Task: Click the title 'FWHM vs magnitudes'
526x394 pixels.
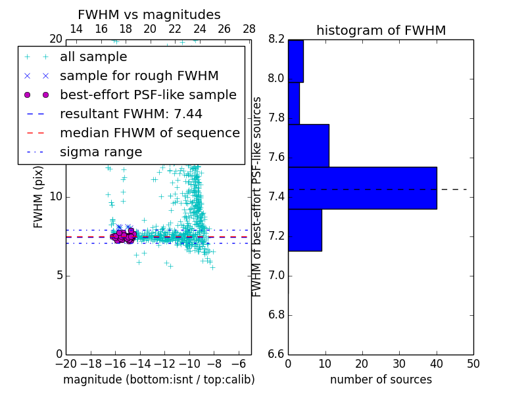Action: (149, 14)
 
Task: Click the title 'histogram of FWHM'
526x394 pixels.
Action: (381, 30)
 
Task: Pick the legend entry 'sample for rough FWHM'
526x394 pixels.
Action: (139, 76)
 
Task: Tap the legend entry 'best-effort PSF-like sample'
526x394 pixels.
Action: (148, 95)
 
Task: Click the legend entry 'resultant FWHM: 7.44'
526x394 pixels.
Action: (131, 114)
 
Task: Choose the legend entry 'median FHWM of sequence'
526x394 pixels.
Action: (149, 133)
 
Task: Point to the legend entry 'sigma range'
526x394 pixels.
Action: (101, 152)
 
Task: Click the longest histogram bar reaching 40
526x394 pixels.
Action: (362, 188)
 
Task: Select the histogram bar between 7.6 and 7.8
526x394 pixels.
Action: (308, 145)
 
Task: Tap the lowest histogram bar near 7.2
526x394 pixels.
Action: (304, 230)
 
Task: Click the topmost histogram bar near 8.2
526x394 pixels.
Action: (295, 61)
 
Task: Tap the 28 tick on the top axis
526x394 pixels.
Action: (249, 29)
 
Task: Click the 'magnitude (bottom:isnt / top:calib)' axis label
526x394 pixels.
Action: (158, 380)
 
